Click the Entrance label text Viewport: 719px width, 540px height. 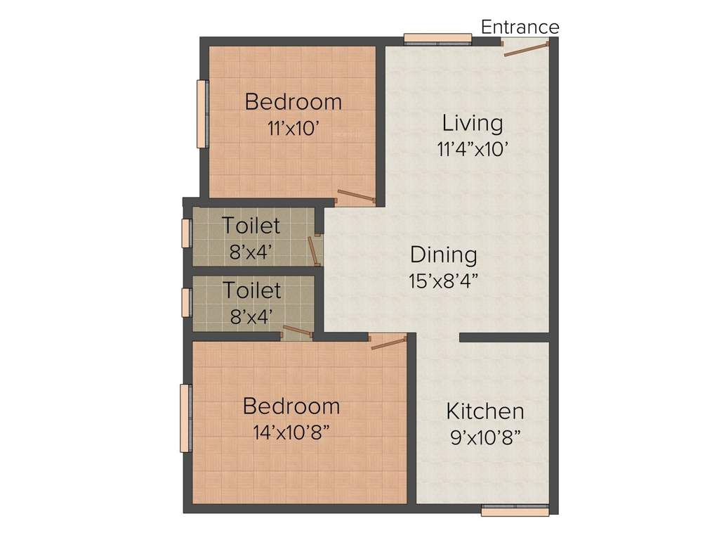[520, 27]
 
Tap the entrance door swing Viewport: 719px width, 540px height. [525, 49]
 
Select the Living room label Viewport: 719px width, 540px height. [472, 124]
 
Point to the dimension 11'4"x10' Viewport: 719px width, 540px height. [472, 148]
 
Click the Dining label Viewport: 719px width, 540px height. [443, 255]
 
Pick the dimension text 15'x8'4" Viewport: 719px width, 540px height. [443, 281]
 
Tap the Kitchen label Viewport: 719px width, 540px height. [485, 411]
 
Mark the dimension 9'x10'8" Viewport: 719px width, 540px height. [485, 437]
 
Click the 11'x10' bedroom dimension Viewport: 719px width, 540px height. [293, 128]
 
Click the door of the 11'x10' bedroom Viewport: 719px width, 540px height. [355, 197]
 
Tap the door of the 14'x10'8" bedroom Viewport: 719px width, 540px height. [388, 342]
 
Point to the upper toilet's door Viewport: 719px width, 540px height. [313, 250]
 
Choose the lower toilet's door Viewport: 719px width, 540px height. [296, 331]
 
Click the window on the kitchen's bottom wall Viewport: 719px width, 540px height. [515, 509]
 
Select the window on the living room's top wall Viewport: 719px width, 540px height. [437, 39]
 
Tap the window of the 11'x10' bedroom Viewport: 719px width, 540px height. [202, 113]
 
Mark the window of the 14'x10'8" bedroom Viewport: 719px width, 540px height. [185, 418]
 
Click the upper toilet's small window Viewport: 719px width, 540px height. [186, 233]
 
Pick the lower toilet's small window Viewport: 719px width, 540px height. [186, 302]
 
